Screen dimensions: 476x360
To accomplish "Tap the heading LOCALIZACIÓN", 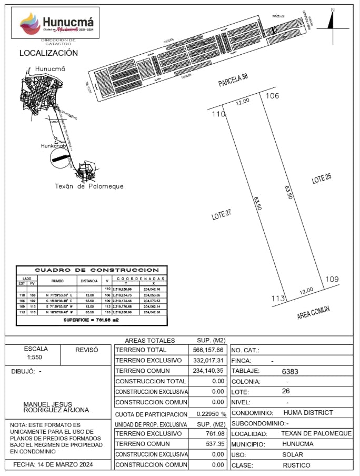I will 48,53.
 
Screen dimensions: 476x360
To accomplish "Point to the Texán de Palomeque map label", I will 89,186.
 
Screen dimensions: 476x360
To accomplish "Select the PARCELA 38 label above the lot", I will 233,81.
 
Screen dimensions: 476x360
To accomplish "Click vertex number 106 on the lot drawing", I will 272,96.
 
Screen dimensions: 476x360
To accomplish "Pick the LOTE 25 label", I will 322,178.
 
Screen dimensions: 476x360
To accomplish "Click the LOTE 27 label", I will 222,214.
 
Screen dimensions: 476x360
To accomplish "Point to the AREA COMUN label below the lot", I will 313,312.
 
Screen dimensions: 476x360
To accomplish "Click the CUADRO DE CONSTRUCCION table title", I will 92,270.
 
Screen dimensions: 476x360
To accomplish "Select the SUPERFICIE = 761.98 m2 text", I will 92,320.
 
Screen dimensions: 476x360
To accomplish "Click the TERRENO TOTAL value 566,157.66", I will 208,350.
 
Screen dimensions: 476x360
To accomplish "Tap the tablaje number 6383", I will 290,371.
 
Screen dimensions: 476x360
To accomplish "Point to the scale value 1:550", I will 36,358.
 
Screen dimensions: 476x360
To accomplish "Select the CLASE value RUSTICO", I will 296,465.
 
